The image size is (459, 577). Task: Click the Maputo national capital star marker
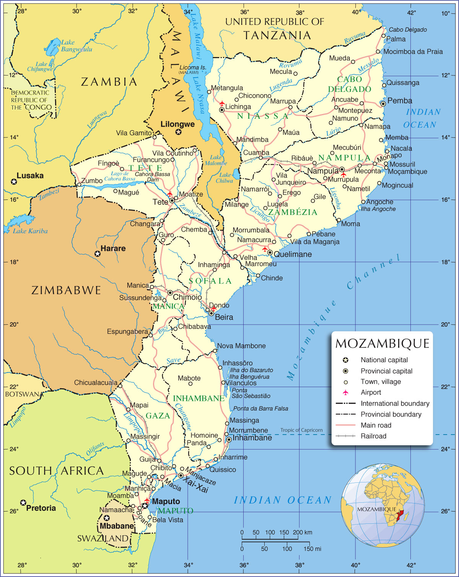[145, 506]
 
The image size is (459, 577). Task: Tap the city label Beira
[224, 317]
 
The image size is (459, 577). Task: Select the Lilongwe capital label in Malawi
[177, 124]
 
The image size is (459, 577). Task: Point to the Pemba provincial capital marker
[383, 104]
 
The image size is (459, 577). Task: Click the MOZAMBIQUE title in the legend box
[382, 343]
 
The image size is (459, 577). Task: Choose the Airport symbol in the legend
[346, 392]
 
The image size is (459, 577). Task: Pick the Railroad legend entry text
[373, 436]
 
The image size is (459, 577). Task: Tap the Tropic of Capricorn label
[301, 430]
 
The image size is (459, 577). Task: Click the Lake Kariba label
[30, 231]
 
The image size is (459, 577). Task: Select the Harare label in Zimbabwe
[113, 248]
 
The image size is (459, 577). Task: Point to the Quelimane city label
[293, 254]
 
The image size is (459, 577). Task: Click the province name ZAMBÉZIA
[293, 212]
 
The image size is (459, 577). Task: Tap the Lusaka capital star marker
[14, 181]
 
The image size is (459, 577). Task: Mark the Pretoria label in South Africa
[41, 508]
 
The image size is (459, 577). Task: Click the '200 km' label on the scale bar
[303, 532]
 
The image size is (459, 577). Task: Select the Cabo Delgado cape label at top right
[408, 29]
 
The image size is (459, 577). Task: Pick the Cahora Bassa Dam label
[152, 177]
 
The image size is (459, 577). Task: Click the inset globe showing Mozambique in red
[382, 505]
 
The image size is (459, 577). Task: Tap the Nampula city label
[323, 171]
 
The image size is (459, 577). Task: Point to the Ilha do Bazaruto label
[251, 370]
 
